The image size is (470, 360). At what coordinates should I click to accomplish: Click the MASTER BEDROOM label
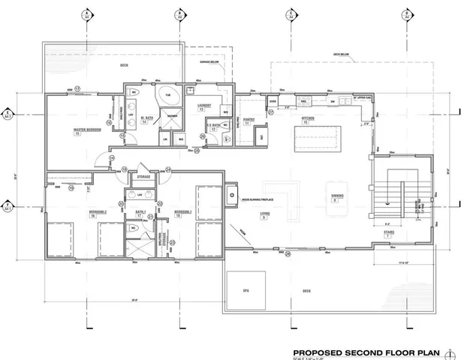(x=87, y=129)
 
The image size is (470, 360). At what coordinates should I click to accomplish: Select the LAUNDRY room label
(x=204, y=106)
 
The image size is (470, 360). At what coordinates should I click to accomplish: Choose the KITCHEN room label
(x=307, y=118)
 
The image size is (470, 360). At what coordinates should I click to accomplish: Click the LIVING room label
(x=264, y=214)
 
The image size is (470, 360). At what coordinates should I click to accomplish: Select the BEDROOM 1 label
(x=183, y=212)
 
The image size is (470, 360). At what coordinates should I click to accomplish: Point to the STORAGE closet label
(x=143, y=177)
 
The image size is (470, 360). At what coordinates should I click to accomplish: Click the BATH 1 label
(x=140, y=212)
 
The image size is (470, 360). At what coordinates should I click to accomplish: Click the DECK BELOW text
(x=342, y=55)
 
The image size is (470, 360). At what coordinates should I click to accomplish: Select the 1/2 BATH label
(x=214, y=125)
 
